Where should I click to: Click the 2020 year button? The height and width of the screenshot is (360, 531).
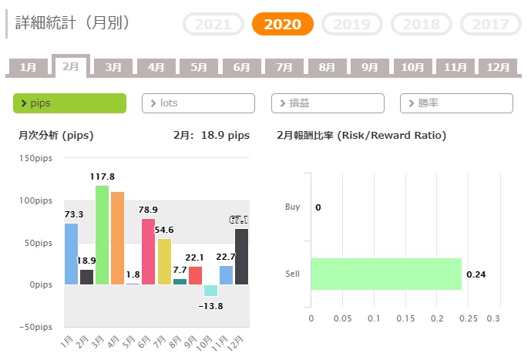tap(282, 24)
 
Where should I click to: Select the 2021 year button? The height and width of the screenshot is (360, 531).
tap(213, 24)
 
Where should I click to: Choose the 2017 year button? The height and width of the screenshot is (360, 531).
tap(491, 24)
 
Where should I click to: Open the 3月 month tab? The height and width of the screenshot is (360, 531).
tap(113, 67)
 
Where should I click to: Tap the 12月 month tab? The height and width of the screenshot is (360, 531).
tap(497, 67)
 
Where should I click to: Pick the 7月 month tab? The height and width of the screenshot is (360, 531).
tap(284, 67)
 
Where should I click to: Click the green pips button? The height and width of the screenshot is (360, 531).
tap(69, 103)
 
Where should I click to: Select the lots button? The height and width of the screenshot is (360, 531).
tap(198, 103)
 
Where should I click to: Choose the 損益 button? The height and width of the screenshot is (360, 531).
tap(327, 103)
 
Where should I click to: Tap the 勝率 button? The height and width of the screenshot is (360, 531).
tap(456, 103)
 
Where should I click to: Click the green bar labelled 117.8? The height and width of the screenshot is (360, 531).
tap(102, 234)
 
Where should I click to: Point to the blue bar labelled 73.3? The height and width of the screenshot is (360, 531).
tap(71, 254)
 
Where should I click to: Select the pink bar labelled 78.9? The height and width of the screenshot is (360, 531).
tap(148, 251)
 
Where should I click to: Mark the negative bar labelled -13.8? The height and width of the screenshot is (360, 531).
tap(210, 291)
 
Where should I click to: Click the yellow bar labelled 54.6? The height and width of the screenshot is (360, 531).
tap(164, 261)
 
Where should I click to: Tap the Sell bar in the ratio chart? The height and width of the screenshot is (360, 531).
tap(385, 274)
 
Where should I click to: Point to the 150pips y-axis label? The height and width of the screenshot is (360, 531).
tap(39, 158)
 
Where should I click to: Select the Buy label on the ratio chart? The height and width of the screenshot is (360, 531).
tap(292, 207)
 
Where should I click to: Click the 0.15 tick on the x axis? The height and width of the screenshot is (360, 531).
tap(406, 318)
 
